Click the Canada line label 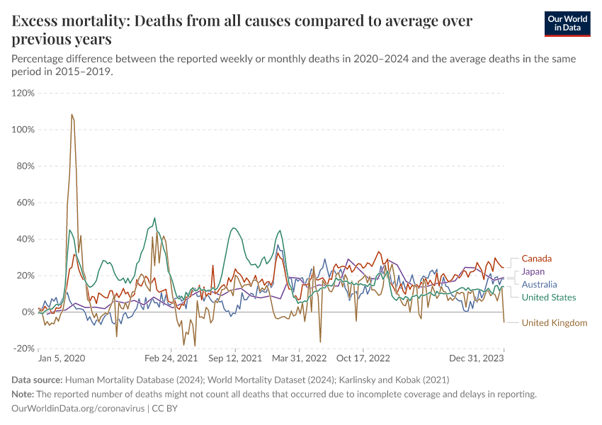536,259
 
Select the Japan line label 533,271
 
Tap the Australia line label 539,284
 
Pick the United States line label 548,297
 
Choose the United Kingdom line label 554,323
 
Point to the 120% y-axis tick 23,93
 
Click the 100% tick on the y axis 23,130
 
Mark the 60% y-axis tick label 25,203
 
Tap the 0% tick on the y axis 28,312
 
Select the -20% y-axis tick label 23,348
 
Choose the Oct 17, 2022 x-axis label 363,359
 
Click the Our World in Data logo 567,23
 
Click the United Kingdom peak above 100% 72,115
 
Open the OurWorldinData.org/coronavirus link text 78,409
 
